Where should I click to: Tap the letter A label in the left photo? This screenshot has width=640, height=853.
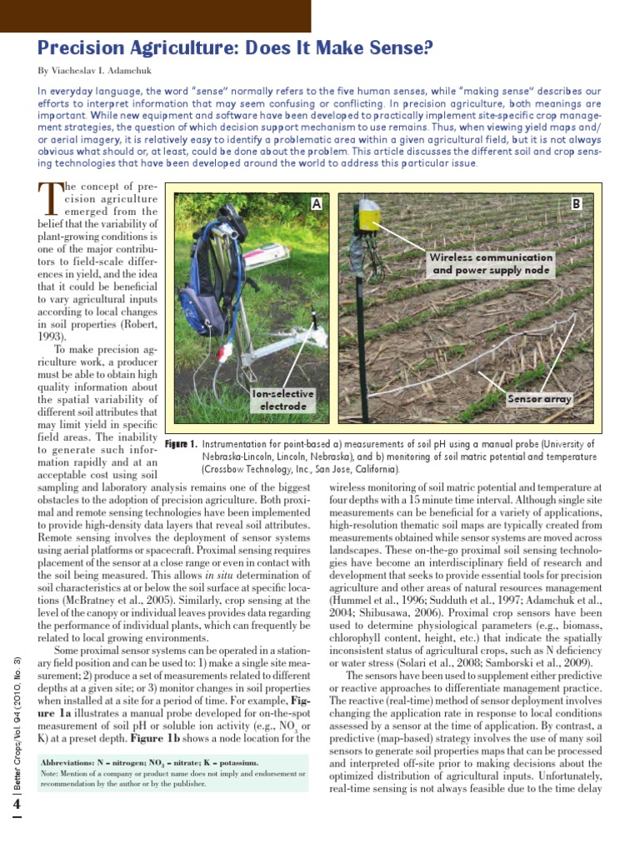point(316,204)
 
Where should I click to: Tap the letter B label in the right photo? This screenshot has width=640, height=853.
point(576,203)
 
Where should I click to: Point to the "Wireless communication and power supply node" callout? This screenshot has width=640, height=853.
point(491,263)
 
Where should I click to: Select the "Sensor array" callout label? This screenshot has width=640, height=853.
point(540,399)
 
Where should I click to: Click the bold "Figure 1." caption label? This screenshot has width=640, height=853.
point(181,445)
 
